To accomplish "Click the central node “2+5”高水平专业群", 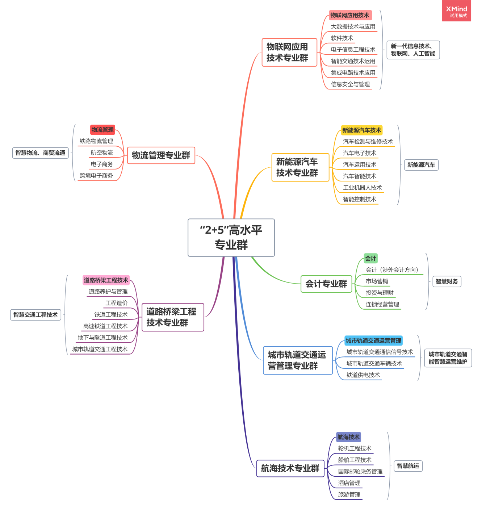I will pyautogui.click(x=231, y=238).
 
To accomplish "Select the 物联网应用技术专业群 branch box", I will pyautogui.click(x=289, y=53).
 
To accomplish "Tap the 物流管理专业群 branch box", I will pyautogui.click(x=161, y=155).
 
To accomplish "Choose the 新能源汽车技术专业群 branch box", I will pyautogui.click(x=300, y=167).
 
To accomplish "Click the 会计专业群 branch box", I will pyautogui.click(x=326, y=284).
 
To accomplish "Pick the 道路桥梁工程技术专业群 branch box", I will pyautogui.click(x=173, y=317).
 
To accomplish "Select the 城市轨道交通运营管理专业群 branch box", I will pyautogui.click(x=298, y=360).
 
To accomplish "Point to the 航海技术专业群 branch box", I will pyautogui.click(x=290, y=468).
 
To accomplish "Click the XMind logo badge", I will pyautogui.click(x=456, y=11).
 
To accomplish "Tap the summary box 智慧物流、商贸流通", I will pyautogui.click(x=40, y=153).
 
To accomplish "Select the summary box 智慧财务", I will pyautogui.click(x=447, y=281).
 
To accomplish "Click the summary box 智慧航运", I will pyautogui.click(x=408, y=466).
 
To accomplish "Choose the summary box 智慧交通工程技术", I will pyautogui.click(x=35, y=315).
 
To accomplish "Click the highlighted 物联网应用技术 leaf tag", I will pyautogui.click(x=350, y=15).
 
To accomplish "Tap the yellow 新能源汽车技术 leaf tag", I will pyautogui.click(x=361, y=130).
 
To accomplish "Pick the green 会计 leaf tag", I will pyautogui.click(x=370, y=258).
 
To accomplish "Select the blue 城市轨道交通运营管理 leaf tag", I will pyautogui.click(x=373, y=340).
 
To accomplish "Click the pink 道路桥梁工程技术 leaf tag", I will pyautogui.click(x=106, y=280).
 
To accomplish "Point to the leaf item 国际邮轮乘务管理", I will pyautogui.click(x=360, y=472).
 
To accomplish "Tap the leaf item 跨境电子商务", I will pyautogui.click(x=96, y=176).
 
